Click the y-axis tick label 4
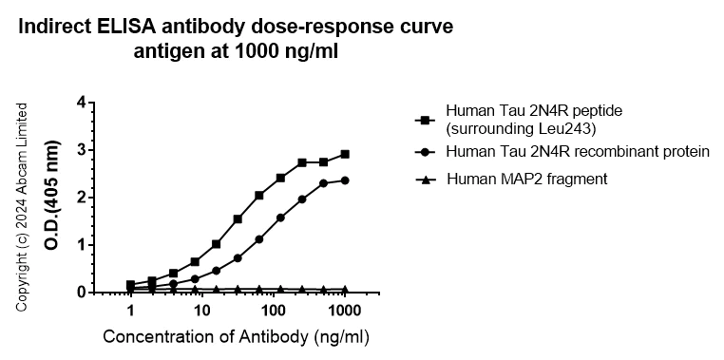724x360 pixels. coord(83,103)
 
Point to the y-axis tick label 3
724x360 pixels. coord(83,150)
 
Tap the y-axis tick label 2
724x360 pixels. coord(83,198)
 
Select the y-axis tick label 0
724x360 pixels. coord(83,293)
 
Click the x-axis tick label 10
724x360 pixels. coord(200,312)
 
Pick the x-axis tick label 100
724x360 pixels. coord(273,312)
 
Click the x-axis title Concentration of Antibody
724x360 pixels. coord(235,337)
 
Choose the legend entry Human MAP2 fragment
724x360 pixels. coord(527,179)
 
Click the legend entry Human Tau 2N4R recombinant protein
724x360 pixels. coord(577,152)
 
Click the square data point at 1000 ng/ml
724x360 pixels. coord(345,154)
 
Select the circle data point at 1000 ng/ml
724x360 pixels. coord(345,180)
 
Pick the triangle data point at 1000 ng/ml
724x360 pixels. coord(345,289)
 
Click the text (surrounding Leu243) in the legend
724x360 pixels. coord(513,129)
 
